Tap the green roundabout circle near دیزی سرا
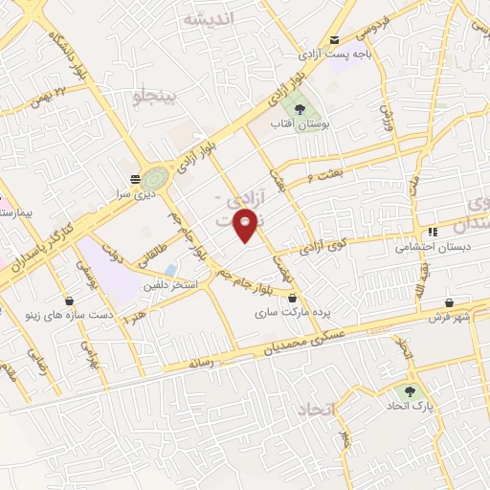pyautogui.click(x=154, y=178)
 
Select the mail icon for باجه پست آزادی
pyautogui.click(x=334, y=39)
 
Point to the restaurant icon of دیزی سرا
pyautogui.click(x=134, y=179)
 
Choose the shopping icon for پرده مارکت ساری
pyautogui.click(x=292, y=298)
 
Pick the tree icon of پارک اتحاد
pyautogui.click(x=412, y=391)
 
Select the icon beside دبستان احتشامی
pyautogui.click(x=434, y=232)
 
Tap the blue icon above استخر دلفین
pyautogui.click(x=171, y=269)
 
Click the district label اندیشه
pyautogui.click(x=207, y=19)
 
